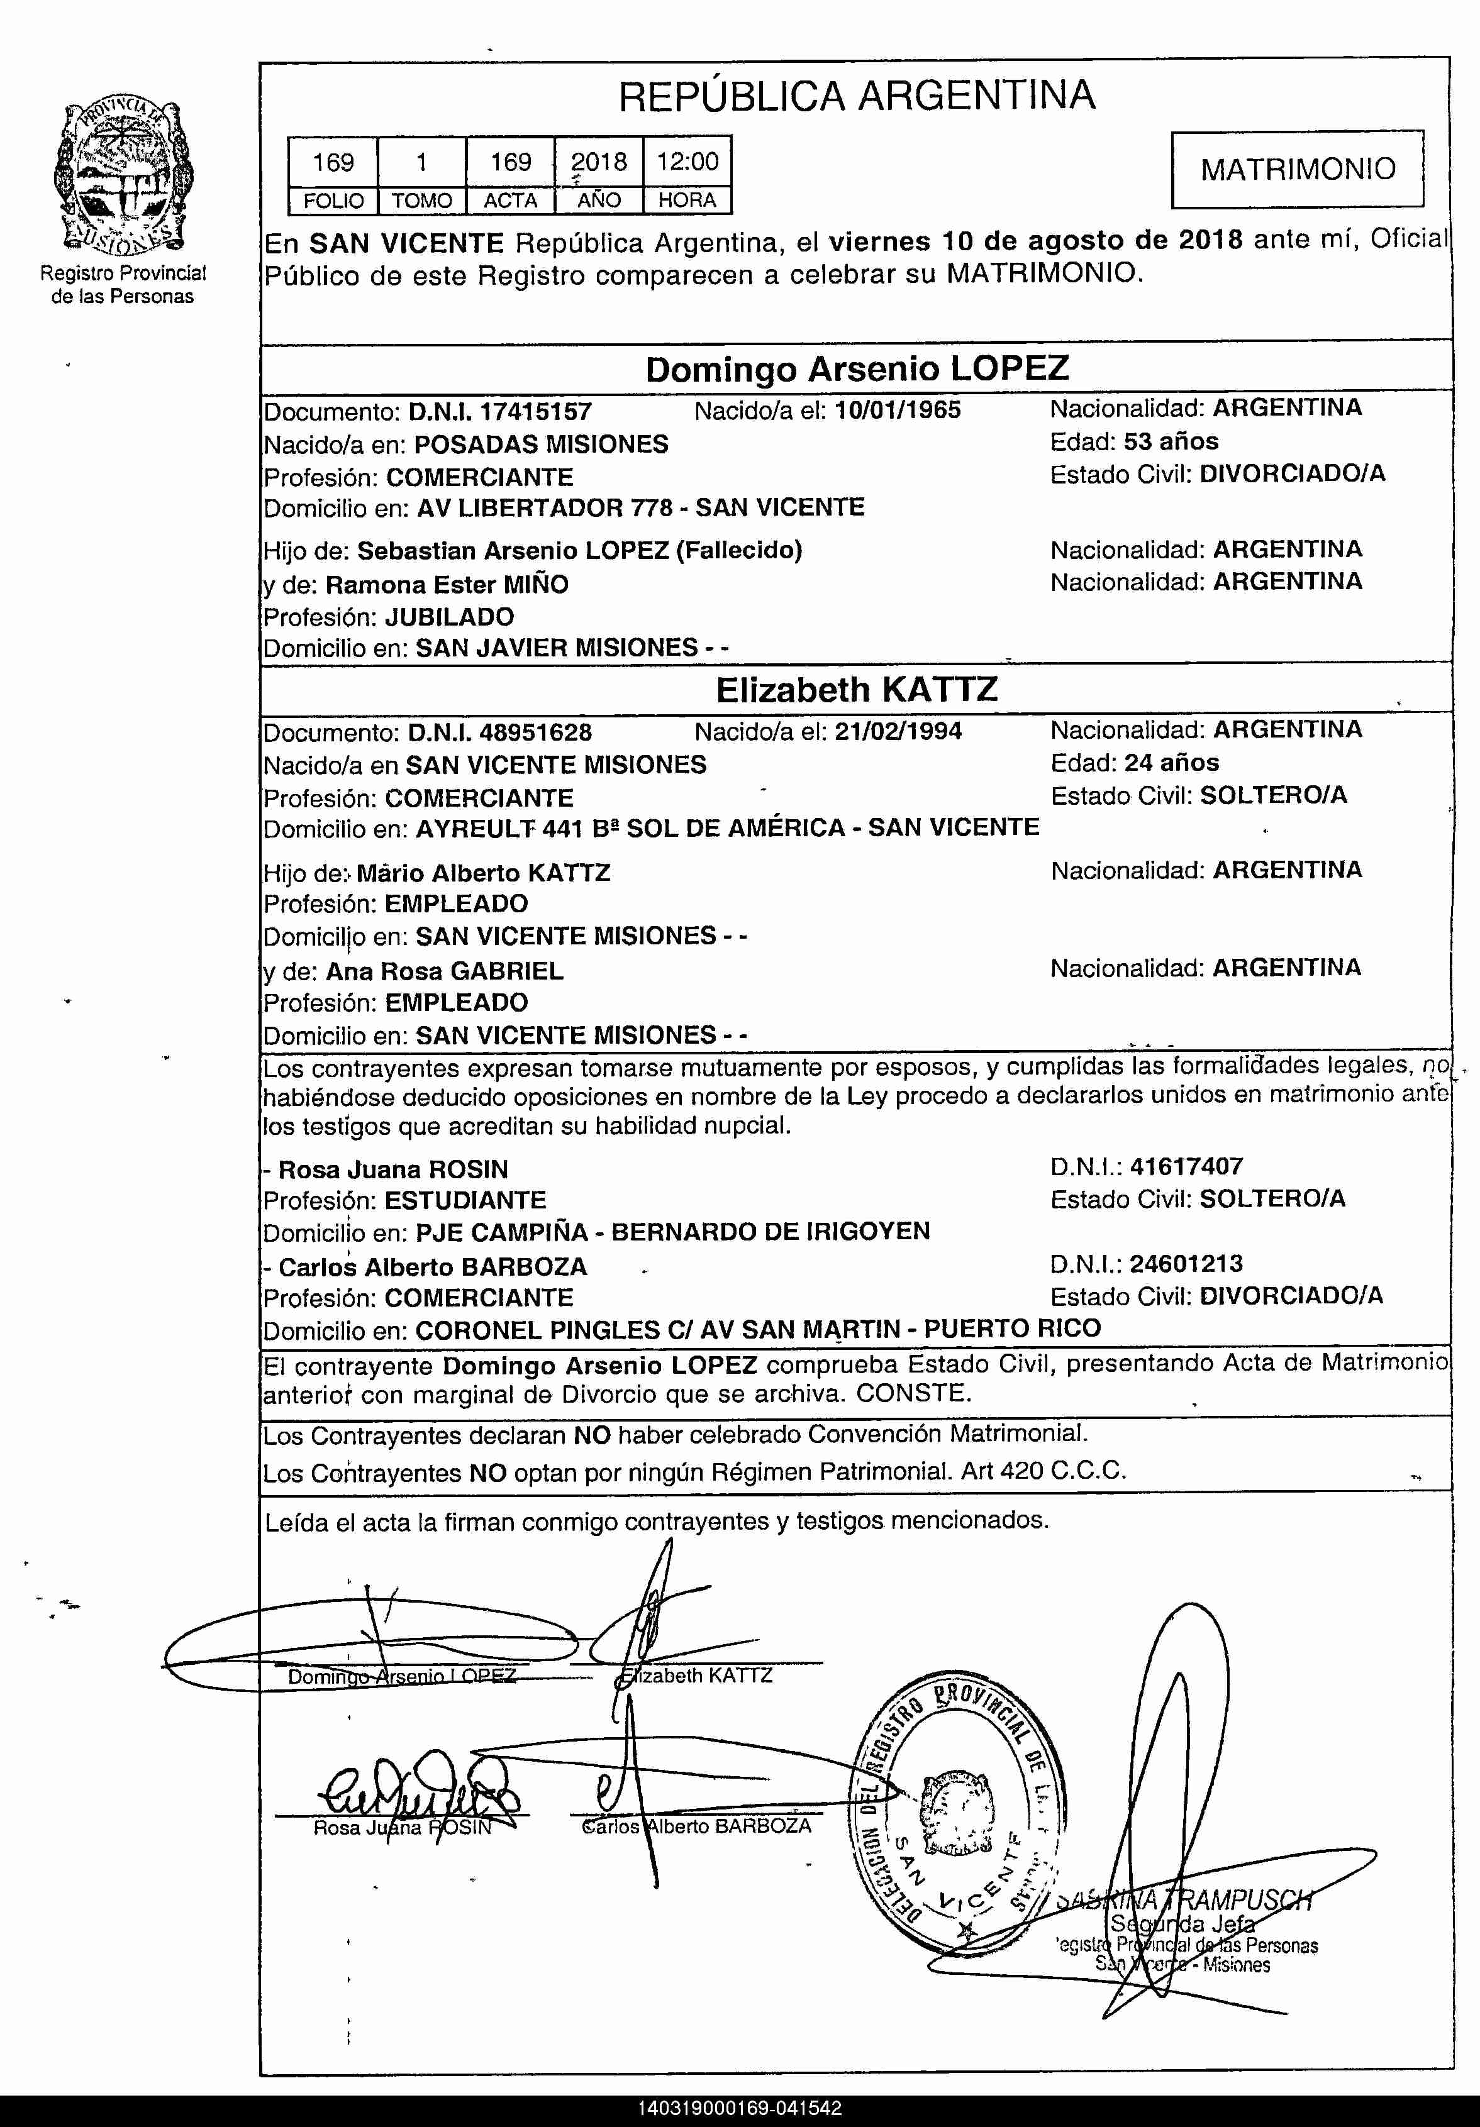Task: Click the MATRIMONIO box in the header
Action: click(x=1298, y=169)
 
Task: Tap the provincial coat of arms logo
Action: click(x=123, y=176)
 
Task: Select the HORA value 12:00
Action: click(x=687, y=162)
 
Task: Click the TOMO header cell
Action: click(x=421, y=200)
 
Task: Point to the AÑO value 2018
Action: click(x=599, y=162)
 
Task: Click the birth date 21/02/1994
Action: click(x=898, y=732)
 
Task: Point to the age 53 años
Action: click(x=1171, y=441)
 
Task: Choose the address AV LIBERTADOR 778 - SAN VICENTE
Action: click(x=640, y=507)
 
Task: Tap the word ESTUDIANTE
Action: click(x=465, y=1201)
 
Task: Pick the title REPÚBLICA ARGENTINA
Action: click(x=856, y=96)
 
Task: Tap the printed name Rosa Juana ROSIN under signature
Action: click(x=402, y=1828)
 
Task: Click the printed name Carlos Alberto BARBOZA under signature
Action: click(x=697, y=1826)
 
